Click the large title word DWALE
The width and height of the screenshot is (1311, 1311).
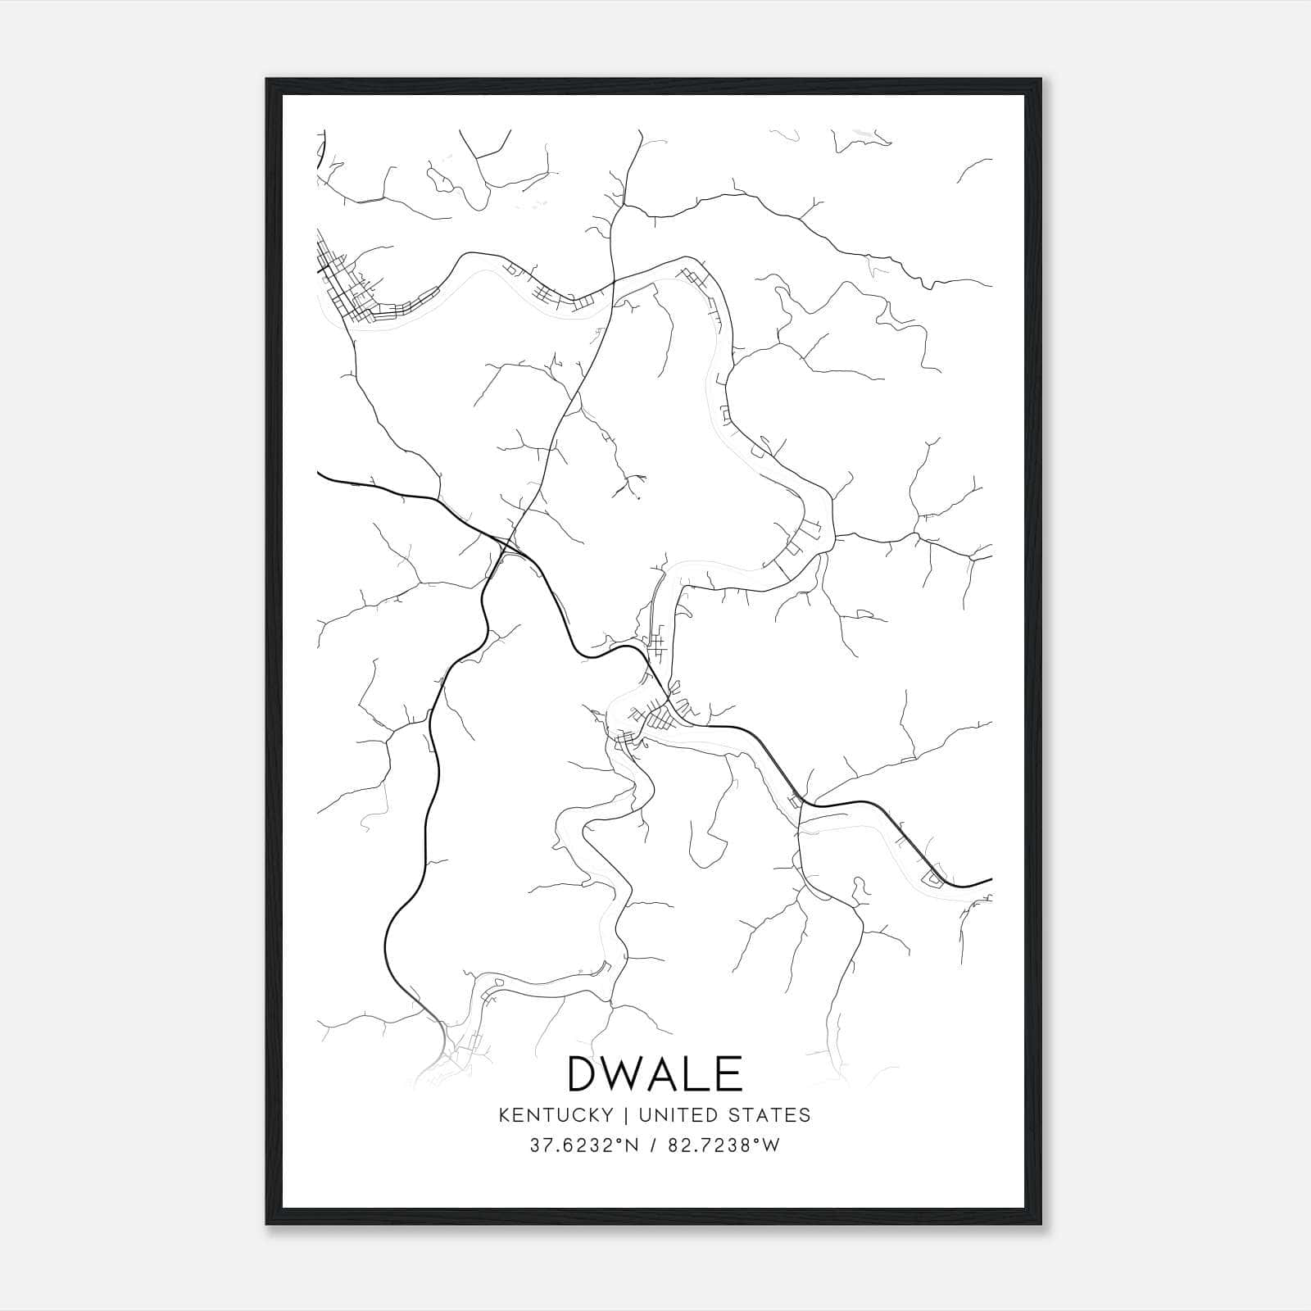click(x=655, y=1073)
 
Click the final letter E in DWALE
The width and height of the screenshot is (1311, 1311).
click(x=729, y=1073)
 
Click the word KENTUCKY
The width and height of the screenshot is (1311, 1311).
click(x=555, y=1115)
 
